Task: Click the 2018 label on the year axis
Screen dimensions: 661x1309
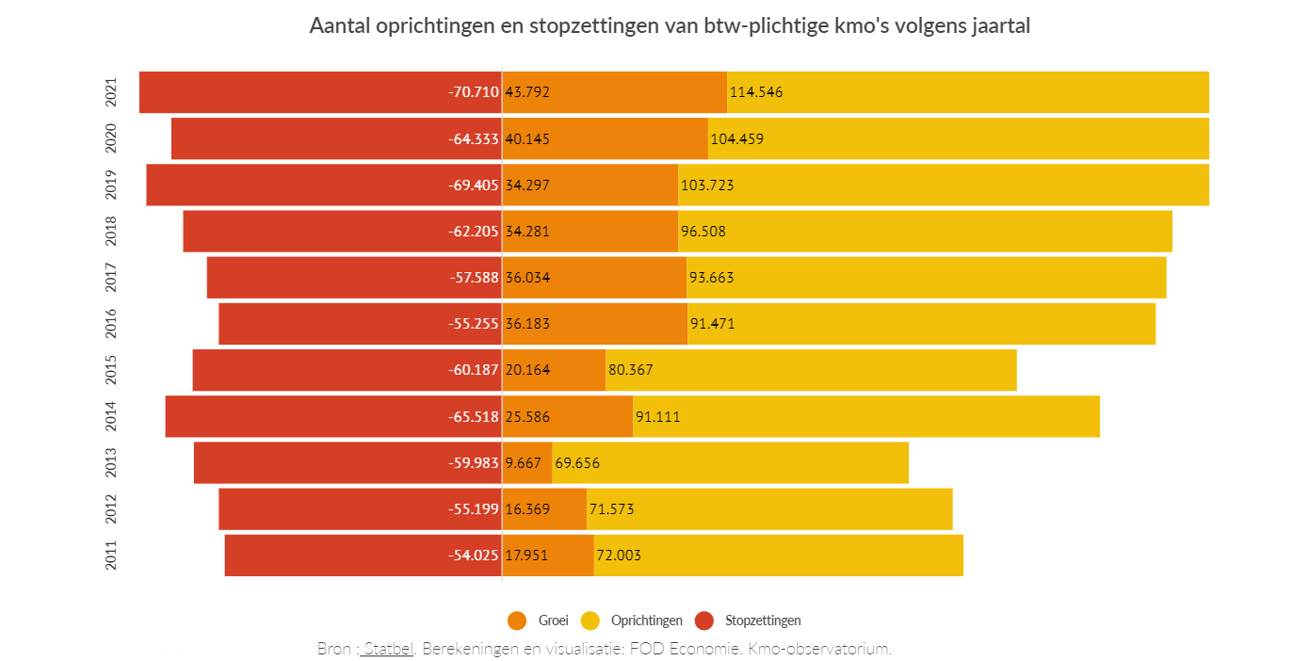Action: pos(111,232)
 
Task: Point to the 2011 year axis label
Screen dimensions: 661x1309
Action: pos(111,556)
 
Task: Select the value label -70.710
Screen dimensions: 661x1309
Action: pos(474,92)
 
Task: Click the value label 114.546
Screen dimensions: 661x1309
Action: pos(756,92)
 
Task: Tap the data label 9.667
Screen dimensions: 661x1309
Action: pos(523,463)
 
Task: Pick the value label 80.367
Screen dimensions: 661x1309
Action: pos(631,370)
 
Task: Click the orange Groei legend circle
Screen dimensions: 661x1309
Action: pos(516,621)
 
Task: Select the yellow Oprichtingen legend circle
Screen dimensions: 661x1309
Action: pos(590,621)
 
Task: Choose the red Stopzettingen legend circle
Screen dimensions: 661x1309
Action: pos(704,621)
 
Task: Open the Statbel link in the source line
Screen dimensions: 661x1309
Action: pos(388,649)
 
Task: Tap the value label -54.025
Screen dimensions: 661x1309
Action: pos(474,556)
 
